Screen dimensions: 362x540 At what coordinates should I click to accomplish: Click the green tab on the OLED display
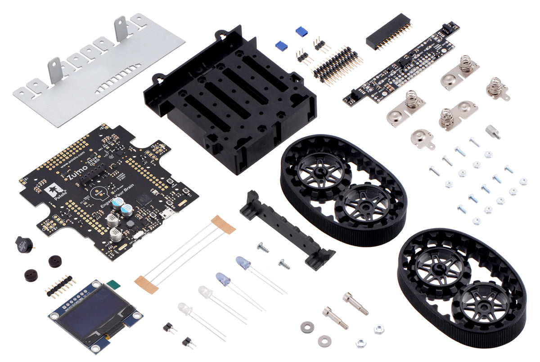114,285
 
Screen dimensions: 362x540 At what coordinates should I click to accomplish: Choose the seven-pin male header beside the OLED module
59,286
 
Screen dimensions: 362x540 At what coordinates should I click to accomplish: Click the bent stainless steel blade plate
99,72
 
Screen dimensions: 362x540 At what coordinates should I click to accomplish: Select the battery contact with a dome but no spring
423,139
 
